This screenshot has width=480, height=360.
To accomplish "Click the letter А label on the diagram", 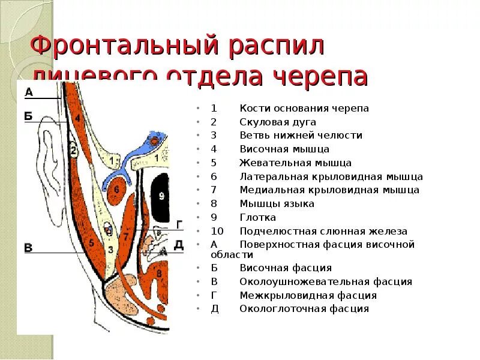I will (x=29, y=92).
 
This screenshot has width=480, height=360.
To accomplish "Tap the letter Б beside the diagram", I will (x=28, y=116).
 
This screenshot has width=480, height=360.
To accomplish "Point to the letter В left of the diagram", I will (x=28, y=247).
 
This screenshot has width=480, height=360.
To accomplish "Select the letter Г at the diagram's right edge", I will (x=178, y=224).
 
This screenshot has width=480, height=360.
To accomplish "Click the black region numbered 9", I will (x=160, y=196).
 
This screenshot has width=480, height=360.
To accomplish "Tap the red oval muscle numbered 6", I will (x=116, y=190).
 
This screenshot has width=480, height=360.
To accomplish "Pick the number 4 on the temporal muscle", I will (x=78, y=119).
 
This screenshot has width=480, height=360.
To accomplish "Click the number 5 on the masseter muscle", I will (x=91, y=243).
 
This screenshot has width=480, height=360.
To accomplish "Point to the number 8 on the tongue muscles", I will (x=158, y=274).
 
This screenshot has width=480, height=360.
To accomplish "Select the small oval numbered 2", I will (x=73, y=151).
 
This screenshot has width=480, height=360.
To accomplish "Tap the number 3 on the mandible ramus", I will (x=110, y=248).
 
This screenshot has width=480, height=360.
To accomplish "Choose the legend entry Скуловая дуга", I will (x=278, y=122).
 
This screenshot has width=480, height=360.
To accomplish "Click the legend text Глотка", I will (x=258, y=218).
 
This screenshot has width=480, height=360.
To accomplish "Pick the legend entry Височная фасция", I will (x=286, y=268).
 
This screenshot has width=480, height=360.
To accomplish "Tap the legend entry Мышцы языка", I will (x=277, y=204).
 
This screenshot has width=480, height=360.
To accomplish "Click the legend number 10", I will (x=217, y=231).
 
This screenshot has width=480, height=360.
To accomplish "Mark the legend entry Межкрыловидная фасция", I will (x=308, y=295).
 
